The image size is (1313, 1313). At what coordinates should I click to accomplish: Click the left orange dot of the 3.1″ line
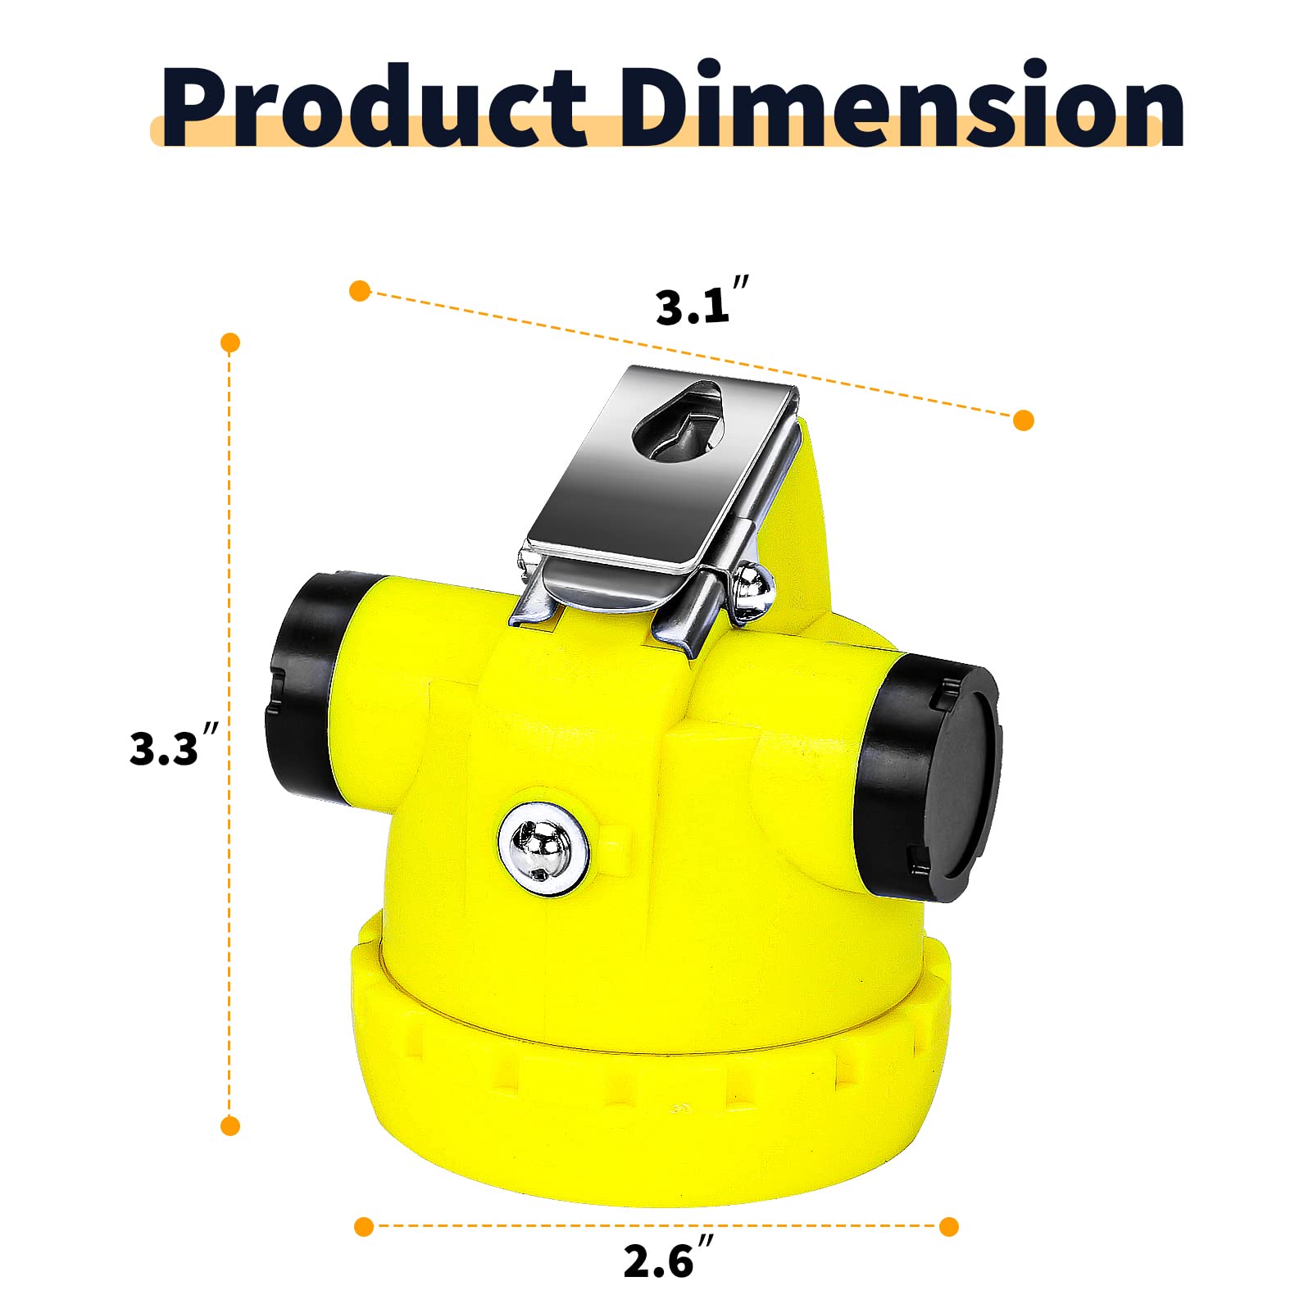tap(360, 290)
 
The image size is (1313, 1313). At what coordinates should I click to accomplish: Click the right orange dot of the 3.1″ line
tap(1023, 420)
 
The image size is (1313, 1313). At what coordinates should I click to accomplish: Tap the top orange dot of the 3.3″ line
tap(230, 343)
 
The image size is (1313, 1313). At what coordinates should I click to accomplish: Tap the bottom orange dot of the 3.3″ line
tap(230, 1125)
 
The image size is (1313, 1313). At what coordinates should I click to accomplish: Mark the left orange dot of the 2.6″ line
tap(364, 1227)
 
